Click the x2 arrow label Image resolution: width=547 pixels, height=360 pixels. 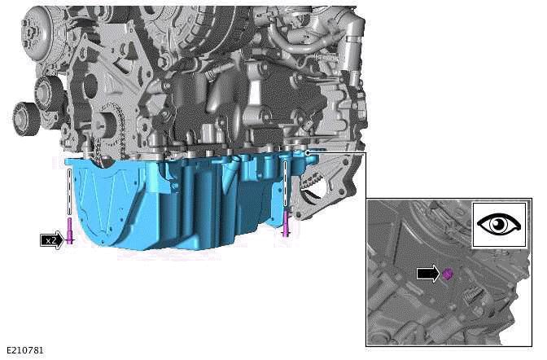[51, 240]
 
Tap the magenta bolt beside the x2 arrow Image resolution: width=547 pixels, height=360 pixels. [71, 231]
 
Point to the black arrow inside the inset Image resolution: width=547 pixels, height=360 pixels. [427, 274]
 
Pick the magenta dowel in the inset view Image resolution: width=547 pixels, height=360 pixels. [446, 275]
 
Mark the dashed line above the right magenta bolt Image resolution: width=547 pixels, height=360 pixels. [286, 183]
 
